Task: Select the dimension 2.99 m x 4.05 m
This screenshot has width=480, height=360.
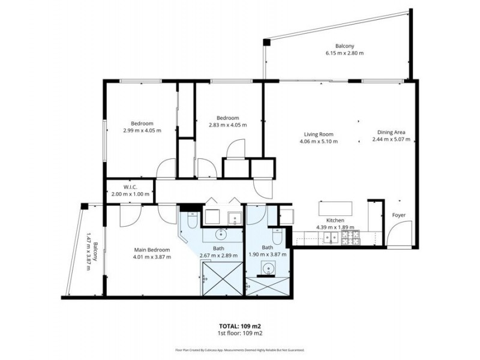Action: click(x=142, y=130)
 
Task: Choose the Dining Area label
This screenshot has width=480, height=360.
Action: click(x=391, y=133)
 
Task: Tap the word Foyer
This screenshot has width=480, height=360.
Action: click(x=399, y=215)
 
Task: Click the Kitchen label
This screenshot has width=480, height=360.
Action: click(x=335, y=220)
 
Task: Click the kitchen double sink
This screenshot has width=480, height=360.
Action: click(x=330, y=238)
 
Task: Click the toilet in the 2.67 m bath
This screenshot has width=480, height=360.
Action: click(x=191, y=221)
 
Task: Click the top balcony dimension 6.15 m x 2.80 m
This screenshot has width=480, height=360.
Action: click(x=344, y=53)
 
